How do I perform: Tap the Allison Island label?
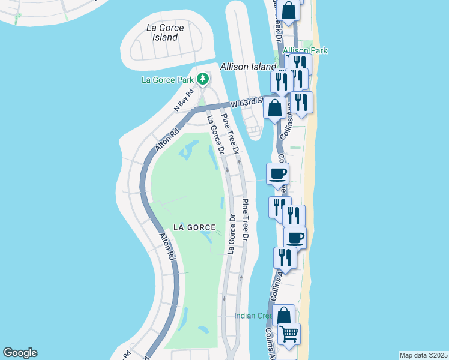pyautogui.click(x=248, y=67)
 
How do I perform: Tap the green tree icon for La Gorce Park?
pyautogui.click(x=203, y=79)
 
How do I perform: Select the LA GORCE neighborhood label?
pyautogui.click(x=194, y=227)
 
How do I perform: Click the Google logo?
pyautogui.click(x=20, y=353)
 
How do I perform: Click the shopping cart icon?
pyautogui.click(x=289, y=333)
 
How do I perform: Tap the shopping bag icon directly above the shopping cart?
pyautogui.click(x=284, y=315)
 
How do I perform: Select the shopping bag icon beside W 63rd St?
pyautogui.click(x=275, y=109)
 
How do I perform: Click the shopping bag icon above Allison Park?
pyautogui.click(x=289, y=10)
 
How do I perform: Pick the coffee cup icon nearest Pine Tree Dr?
pyautogui.click(x=277, y=174)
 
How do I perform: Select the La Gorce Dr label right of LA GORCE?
pyautogui.click(x=231, y=234)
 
